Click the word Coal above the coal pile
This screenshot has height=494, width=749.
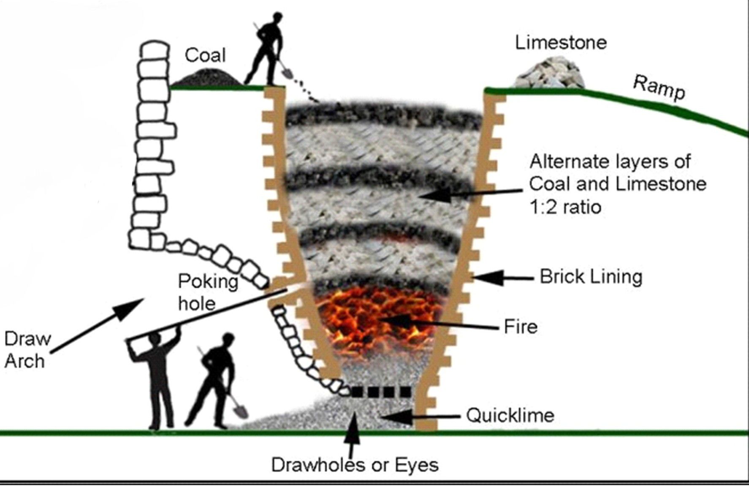pyautogui.click(x=205, y=55)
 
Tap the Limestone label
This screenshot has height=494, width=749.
pyautogui.click(x=561, y=43)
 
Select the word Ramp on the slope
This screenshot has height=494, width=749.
pyautogui.click(x=659, y=88)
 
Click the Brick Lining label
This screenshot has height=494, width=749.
pyautogui.click(x=591, y=277)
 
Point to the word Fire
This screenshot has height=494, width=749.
pyautogui.click(x=521, y=327)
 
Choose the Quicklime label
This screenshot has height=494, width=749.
pyautogui.click(x=510, y=415)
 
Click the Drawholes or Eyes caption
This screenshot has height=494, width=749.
pyautogui.click(x=355, y=465)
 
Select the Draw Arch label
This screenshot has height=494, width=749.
pyautogui.click(x=26, y=350)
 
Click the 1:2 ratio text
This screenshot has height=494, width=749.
pyautogui.click(x=565, y=207)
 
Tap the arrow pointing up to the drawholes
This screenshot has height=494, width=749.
pyautogui.click(x=352, y=435)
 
